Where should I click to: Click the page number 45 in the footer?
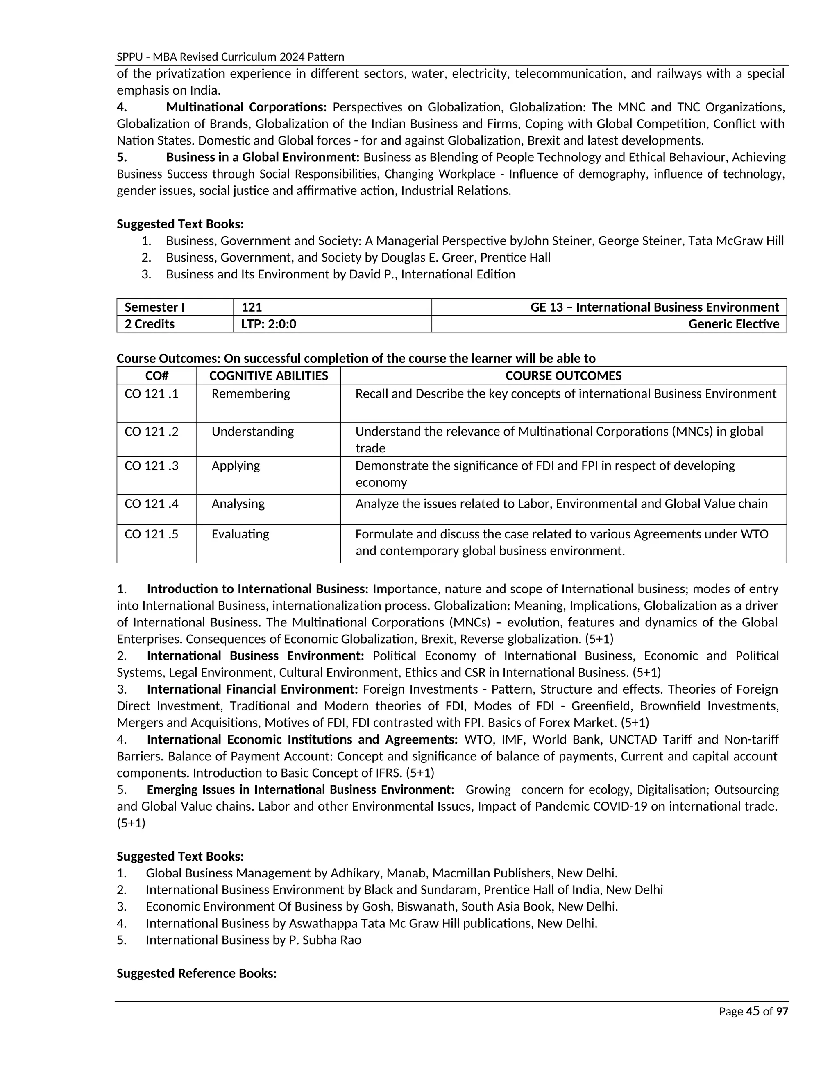pos(753,1011)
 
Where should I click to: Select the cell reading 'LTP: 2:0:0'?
pos(269,324)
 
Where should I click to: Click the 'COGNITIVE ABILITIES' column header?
pos(268,375)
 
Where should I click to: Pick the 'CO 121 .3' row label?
pos(152,466)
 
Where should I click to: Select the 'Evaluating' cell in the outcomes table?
pos(240,534)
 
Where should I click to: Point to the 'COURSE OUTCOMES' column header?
pos(563,375)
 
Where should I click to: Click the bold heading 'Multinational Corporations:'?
pos(246,107)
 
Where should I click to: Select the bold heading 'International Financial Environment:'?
pos(252,689)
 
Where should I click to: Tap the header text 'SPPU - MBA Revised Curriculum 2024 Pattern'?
pos(230,57)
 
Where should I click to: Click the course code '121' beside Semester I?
pos(252,307)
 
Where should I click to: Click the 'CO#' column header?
pos(156,375)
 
